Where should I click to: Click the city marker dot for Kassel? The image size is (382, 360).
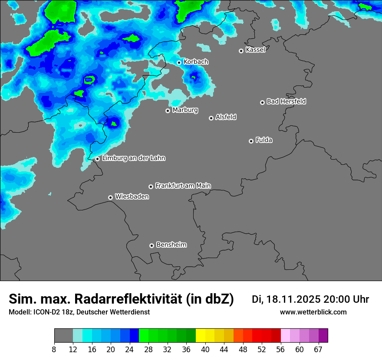pos(241,51)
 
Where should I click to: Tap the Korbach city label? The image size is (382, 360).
pos(196,62)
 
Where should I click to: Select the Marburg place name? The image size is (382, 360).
pos(185,110)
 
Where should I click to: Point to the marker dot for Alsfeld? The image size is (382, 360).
pos(211,118)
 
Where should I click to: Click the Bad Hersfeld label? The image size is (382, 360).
pos(286,101)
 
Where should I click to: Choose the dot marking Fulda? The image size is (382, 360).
pos(251,141)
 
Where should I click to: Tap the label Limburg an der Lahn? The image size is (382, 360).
pos(133,158)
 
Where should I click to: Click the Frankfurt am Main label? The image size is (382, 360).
pos(183,186)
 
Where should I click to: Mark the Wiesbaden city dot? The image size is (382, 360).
pos(110,197)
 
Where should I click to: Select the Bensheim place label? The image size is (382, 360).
pos(171,245)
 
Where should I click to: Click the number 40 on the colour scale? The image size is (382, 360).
pos(205,349)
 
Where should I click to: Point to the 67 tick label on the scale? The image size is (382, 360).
pos(318,349)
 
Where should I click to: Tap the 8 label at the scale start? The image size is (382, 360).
pos(54,349)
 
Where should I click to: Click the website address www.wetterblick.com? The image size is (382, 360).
pos(313,312)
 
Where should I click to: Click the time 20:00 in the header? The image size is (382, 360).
pos(337,299)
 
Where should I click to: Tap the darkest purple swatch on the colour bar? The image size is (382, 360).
pos(323,336)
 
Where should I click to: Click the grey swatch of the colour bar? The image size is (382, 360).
pos(63,336)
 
